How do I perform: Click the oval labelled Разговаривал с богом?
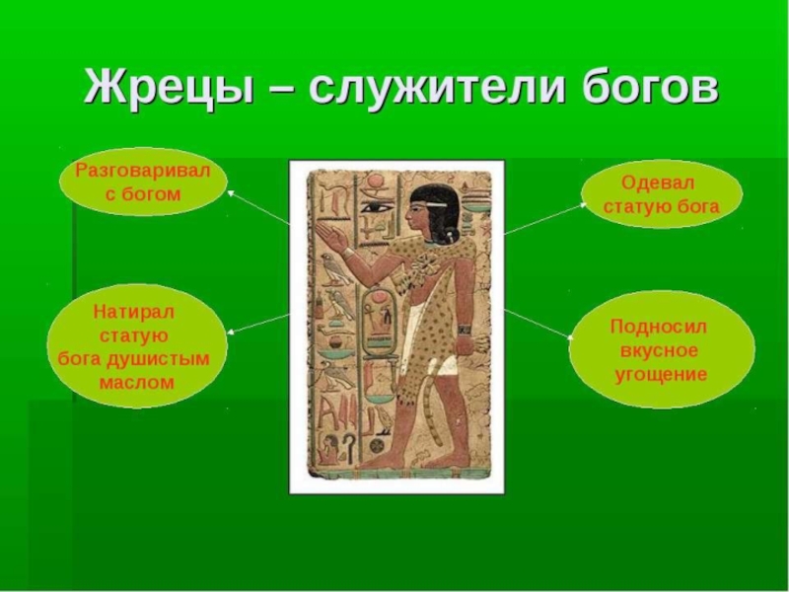pyautogui.click(x=143, y=183)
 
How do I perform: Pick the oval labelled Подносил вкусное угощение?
pyautogui.click(x=660, y=350)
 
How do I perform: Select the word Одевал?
pyautogui.click(x=660, y=183)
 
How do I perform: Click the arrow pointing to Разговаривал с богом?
pyautogui.click(x=259, y=208)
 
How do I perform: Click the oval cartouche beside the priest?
pyautogui.click(x=378, y=321)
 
